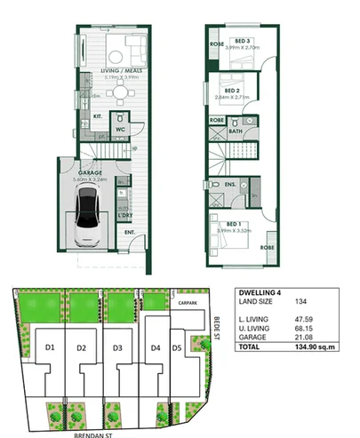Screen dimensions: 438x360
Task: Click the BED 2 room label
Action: [x=231, y=91]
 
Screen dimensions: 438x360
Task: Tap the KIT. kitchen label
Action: [x=100, y=116]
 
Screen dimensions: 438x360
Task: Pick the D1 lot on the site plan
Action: [x=51, y=346]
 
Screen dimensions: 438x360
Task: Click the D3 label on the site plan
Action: [x=117, y=346]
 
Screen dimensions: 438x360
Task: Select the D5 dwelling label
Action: [x=177, y=347]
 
